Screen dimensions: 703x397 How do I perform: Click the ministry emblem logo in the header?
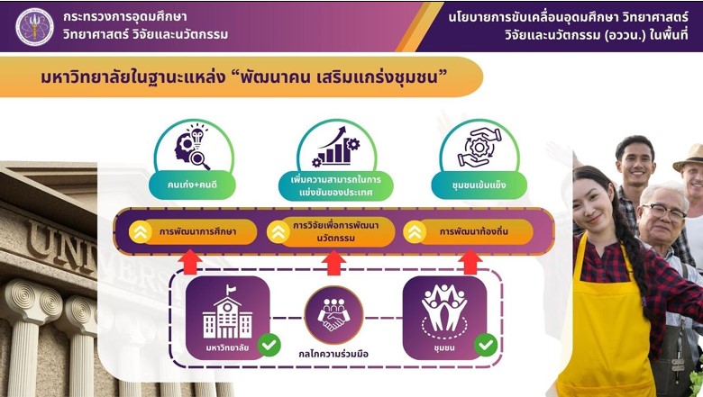(34, 26)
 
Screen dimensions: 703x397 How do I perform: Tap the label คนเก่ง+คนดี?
(192, 185)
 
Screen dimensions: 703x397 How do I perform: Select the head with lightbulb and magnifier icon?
(193, 148)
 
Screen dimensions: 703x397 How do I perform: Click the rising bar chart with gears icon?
(336, 148)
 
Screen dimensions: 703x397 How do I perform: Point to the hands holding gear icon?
(479, 148)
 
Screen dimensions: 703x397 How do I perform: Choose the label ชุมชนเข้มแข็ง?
(479, 185)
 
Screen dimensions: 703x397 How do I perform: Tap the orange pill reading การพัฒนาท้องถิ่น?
(469, 232)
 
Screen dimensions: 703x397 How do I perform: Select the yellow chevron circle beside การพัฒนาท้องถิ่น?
(415, 232)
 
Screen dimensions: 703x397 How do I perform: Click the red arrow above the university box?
(191, 262)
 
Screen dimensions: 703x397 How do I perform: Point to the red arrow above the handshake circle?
(334, 263)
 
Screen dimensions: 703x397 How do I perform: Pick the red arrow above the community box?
(470, 262)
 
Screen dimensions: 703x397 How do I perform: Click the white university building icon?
(227, 312)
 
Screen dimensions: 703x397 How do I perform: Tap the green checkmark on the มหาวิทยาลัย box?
(269, 345)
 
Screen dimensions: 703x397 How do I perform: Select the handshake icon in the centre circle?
(334, 313)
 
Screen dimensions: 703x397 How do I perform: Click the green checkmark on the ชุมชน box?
(486, 345)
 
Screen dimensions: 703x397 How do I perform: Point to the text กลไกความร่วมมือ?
(334, 354)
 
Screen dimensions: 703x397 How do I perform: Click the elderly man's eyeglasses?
(664, 212)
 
